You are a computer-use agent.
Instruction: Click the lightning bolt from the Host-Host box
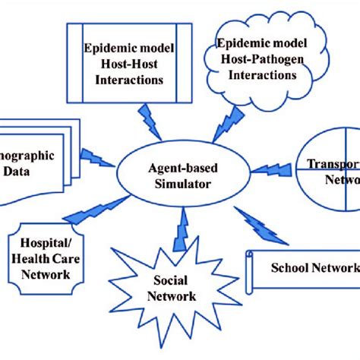click(x=146, y=120)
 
